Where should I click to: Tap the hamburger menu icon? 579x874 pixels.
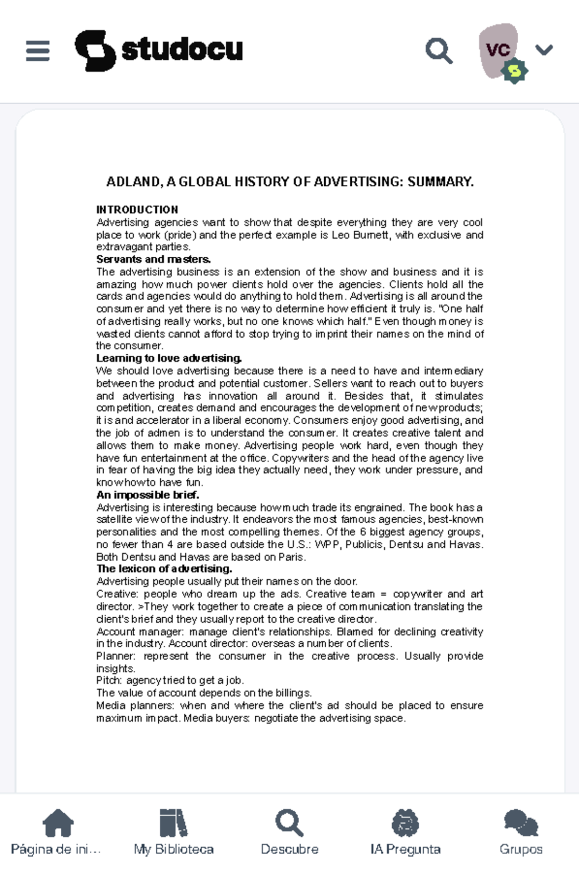click(x=38, y=51)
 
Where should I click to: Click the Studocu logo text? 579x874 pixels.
click(x=182, y=50)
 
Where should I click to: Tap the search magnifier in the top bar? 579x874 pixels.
click(x=439, y=51)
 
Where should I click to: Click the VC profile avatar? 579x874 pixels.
click(x=498, y=50)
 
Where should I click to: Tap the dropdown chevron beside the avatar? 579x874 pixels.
click(x=544, y=50)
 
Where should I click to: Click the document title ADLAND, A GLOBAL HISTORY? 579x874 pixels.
click(x=289, y=182)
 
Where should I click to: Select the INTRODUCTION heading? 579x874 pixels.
click(x=137, y=209)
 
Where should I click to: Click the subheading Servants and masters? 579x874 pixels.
click(x=153, y=259)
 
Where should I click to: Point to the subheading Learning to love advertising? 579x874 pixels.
click(x=169, y=358)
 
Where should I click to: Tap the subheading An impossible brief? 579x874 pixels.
click(x=148, y=495)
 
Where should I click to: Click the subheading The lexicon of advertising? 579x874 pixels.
click(x=164, y=569)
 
